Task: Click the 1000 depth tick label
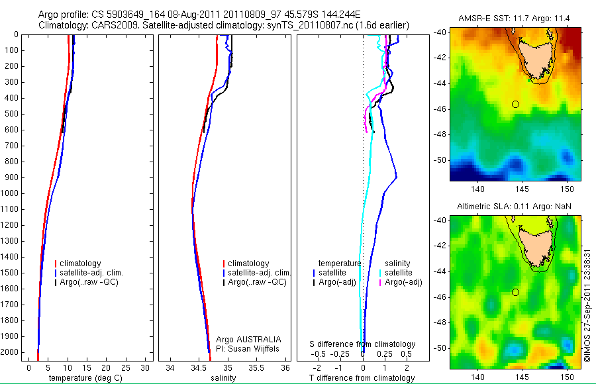[9, 193]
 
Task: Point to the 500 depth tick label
[11, 114]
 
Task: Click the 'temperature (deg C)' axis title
[81, 378]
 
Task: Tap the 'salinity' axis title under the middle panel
[222, 378]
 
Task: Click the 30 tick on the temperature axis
[146, 367]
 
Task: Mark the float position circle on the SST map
[515, 104]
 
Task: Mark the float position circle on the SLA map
[515, 292]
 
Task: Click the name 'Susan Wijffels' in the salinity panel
[255, 349]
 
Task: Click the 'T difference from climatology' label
[363, 378]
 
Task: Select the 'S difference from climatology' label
[363, 344]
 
